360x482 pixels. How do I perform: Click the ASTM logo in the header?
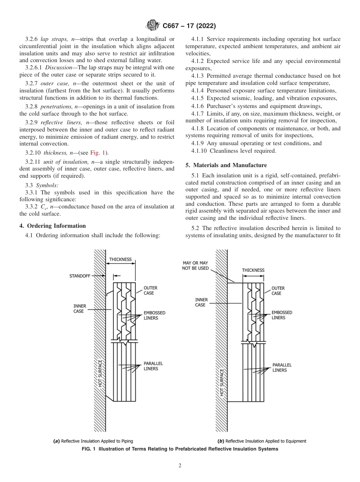152,26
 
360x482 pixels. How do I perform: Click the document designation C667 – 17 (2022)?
189,26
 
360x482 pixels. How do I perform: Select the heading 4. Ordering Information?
52,226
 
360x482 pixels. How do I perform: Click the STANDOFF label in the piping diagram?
80,276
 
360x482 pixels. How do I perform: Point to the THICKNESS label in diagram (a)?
120,260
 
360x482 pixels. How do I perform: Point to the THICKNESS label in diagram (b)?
253,270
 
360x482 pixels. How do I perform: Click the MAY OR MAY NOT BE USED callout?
195,266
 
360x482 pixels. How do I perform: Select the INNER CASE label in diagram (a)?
80,308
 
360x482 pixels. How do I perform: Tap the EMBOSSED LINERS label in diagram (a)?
154,315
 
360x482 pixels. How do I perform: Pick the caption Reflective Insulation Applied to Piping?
93,441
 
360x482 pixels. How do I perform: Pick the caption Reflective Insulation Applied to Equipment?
261,441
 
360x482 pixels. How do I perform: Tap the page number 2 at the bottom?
180,466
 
